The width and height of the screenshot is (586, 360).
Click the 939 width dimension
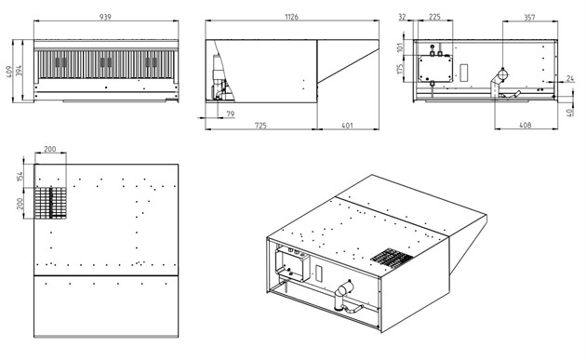[x=105, y=17]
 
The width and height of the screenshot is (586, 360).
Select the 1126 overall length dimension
[x=291, y=17]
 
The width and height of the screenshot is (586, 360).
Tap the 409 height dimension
[x=9, y=71]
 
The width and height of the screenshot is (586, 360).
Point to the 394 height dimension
[x=19, y=71]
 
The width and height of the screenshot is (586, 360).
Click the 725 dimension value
[x=260, y=126]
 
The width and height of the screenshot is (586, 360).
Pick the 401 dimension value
[x=347, y=126]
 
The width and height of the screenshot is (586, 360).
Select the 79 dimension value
[x=231, y=113]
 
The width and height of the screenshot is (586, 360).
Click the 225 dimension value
[x=434, y=17]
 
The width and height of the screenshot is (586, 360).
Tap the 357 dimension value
[x=529, y=17]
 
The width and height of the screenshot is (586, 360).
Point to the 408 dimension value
[x=526, y=126]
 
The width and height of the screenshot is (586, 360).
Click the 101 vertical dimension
[x=401, y=47]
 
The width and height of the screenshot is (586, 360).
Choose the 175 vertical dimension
[x=401, y=69]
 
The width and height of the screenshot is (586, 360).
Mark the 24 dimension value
[x=570, y=78]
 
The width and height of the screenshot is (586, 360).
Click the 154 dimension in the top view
[x=20, y=176]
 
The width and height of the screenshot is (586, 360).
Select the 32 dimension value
[x=403, y=17]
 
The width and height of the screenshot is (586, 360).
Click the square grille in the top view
[x=51, y=203]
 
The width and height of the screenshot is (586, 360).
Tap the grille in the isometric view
[x=392, y=258]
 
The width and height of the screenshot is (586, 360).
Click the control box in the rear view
[x=435, y=69]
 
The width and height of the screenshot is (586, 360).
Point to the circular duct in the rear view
[x=503, y=74]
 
